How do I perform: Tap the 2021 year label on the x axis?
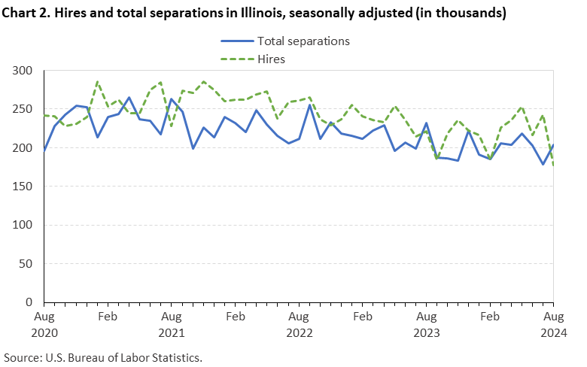[172, 332]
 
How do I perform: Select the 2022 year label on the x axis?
[300, 332]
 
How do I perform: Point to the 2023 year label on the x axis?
[427, 332]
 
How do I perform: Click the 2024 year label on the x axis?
[554, 332]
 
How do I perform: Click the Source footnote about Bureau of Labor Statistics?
[103, 356]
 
